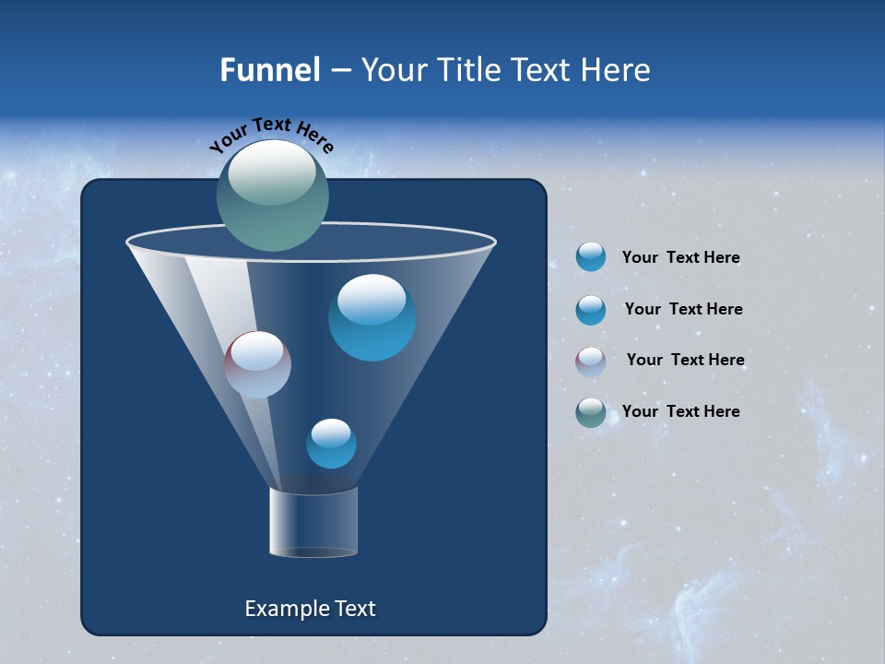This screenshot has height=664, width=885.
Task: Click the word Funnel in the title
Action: tap(269, 70)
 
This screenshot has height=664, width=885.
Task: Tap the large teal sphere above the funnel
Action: tap(273, 196)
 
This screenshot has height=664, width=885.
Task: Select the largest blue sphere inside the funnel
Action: tap(372, 317)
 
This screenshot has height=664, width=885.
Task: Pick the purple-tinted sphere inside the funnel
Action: tap(258, 364)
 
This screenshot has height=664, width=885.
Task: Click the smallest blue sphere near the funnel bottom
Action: tap(331, 444)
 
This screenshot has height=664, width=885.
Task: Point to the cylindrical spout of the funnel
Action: tap(313, 522)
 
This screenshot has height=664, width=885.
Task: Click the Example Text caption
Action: tap(310, 609)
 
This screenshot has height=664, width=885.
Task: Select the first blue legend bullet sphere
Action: tap(591, 257)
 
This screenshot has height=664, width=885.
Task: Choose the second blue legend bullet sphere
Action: tap(591, 310)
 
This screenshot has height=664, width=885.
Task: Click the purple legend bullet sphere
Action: tap(591, 362)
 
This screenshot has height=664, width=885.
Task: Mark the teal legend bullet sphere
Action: tap(591, 412)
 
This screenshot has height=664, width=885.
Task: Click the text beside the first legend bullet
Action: tap(680, 258)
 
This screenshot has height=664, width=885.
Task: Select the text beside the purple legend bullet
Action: tap(685, 361)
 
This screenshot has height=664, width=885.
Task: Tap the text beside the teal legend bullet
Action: tap(680, 411)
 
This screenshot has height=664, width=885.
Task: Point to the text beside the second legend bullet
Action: tap(683, 309)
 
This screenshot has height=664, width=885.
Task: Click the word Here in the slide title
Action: tap(617, 70)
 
